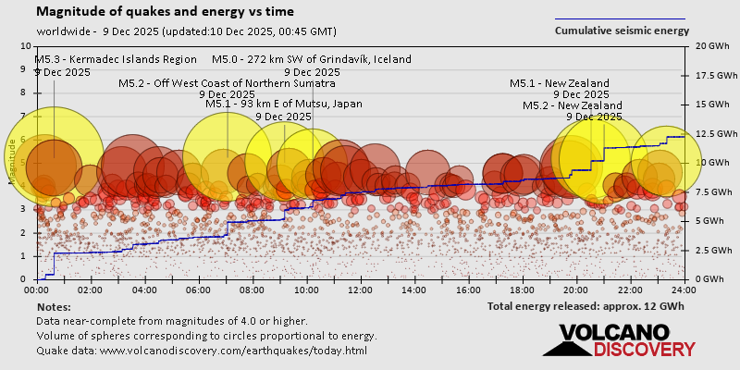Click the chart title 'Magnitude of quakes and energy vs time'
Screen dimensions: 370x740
pyautogui.click(x=166, y=12)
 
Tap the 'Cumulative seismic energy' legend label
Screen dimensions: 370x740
pyautogui.click(x=622, y=31)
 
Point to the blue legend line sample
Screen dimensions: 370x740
pyautogui.click(x=620, y=18)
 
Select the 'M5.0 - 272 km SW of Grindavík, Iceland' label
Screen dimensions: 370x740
pyautogui.click(x=311, y=59)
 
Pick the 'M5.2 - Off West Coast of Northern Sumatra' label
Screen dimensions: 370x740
pyautogui.click(x=227, y=83)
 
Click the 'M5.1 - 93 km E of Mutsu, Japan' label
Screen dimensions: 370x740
pyautogui.click(x=283, y=105)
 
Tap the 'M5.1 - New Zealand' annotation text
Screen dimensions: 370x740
pyautogui.click(x=560, y=83)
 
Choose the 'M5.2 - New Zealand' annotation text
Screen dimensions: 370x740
pyautogui.click(x=573, y=105)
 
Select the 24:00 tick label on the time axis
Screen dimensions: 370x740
pyautogui.click(x=684, y=290)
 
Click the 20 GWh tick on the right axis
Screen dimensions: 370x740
pyautogui.click(x=709, y=45)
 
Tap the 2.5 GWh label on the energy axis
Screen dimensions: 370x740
pyautogui.click(x=710, y=251)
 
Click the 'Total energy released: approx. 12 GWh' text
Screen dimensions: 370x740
pyautogui.click(x=586, y=306)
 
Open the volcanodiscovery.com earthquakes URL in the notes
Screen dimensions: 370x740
pyautogui.click(x=233, y=351)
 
